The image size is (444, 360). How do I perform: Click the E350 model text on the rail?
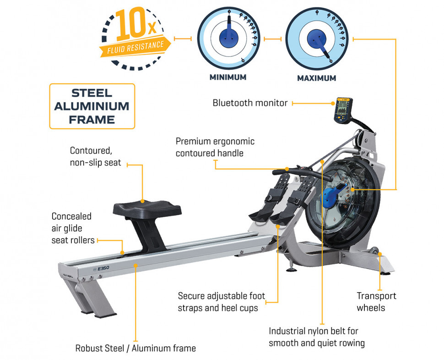coord(103,268)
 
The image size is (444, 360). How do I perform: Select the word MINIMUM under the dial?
coord(228,77)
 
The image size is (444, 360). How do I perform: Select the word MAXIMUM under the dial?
coord(317,78)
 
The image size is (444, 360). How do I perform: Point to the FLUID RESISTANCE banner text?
coord(135,47)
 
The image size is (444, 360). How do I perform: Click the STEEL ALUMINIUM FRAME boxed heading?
coord(92,106)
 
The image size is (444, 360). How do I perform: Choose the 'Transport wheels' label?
coord(376,302)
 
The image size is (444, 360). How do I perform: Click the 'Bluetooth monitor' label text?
coord(250,103)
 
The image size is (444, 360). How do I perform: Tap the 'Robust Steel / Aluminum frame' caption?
coord(135,348)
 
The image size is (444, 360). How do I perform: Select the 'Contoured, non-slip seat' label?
coord(95,156)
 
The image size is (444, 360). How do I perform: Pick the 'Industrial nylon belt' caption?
coord(317,337)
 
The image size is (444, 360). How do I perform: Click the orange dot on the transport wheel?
coord(380,254)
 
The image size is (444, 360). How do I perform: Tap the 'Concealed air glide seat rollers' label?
coord(73,228)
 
